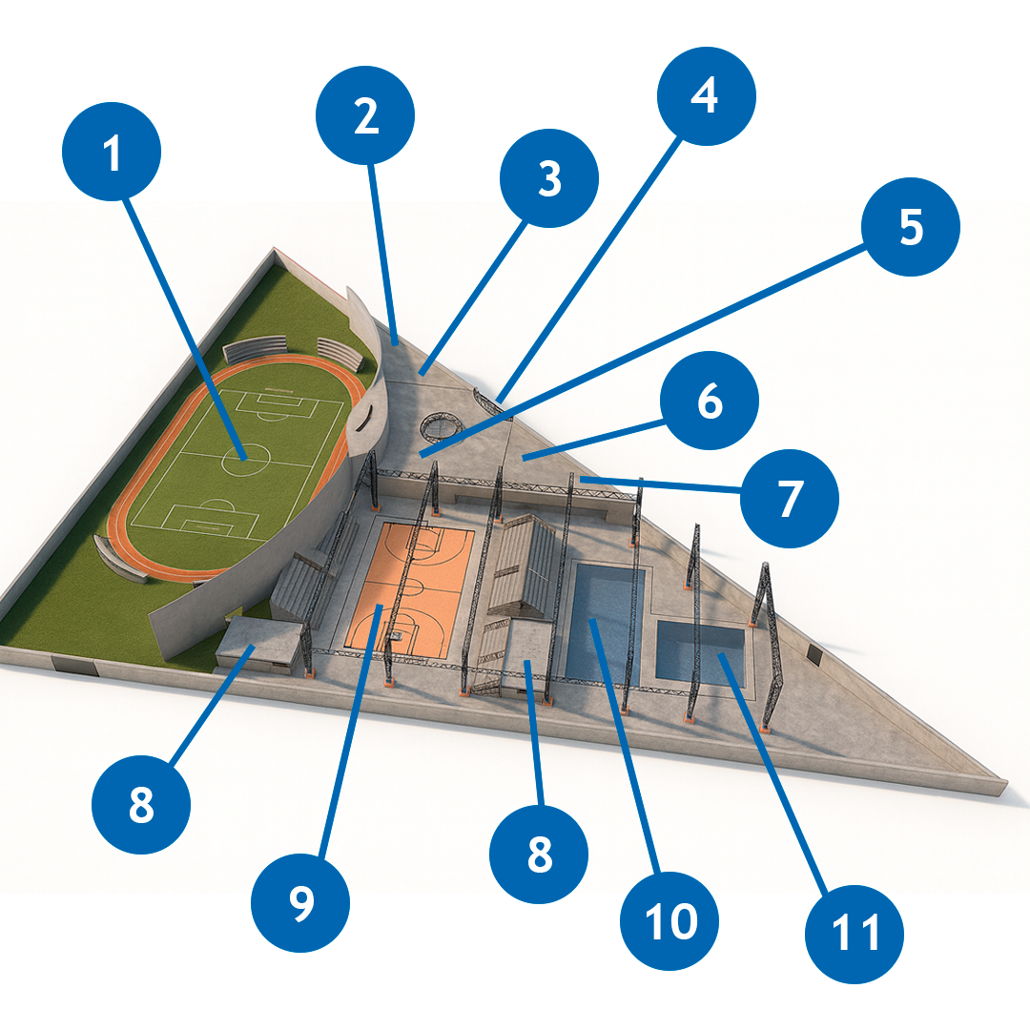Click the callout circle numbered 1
[112, 151]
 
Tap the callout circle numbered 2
[365, 115]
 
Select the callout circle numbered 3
[549, 178]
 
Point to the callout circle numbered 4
[707, 96]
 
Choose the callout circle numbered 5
[911, 227]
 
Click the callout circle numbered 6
[710, 400]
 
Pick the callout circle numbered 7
[790, 499]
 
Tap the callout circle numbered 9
[300, 902]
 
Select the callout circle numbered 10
[669, 921]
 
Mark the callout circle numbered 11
[854, 934]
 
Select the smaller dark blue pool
[701, 653]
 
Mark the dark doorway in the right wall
[815, 653]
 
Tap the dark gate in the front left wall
[75, 666]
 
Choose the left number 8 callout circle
[141, 804]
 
